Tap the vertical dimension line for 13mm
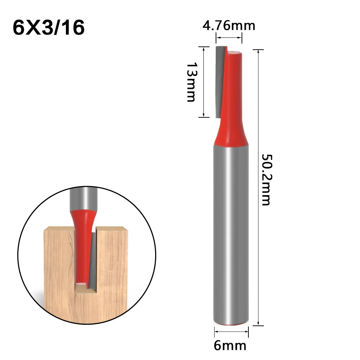pos(204,82)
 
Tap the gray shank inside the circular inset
pos(82,196)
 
